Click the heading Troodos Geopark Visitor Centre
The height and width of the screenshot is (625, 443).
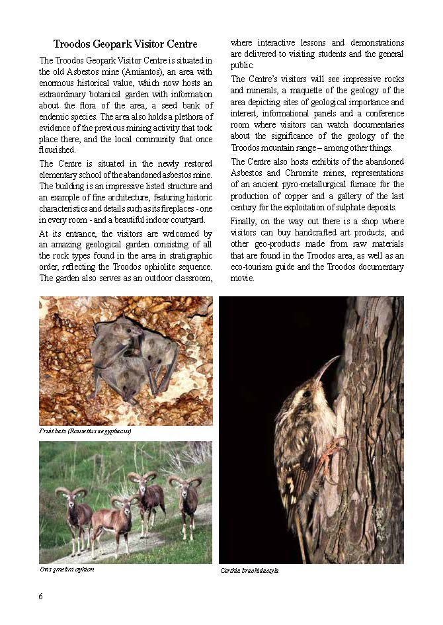coord(125,44)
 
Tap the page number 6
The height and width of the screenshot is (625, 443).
coord(41,596)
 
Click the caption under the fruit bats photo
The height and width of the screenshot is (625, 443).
coord(85,431)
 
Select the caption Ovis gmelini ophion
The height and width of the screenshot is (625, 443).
coord(67,569)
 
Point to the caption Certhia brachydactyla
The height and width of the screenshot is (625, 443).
coord(249,570)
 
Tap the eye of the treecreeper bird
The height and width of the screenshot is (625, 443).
coord(307,394)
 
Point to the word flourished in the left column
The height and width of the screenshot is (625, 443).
coord(58,149)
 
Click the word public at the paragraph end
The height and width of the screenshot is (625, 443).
coord(242,65)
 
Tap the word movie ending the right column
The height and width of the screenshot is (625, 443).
coord(243,278)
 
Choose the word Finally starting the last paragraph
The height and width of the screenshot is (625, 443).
coord(245,222)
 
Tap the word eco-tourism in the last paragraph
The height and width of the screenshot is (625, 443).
coord(253,267)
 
